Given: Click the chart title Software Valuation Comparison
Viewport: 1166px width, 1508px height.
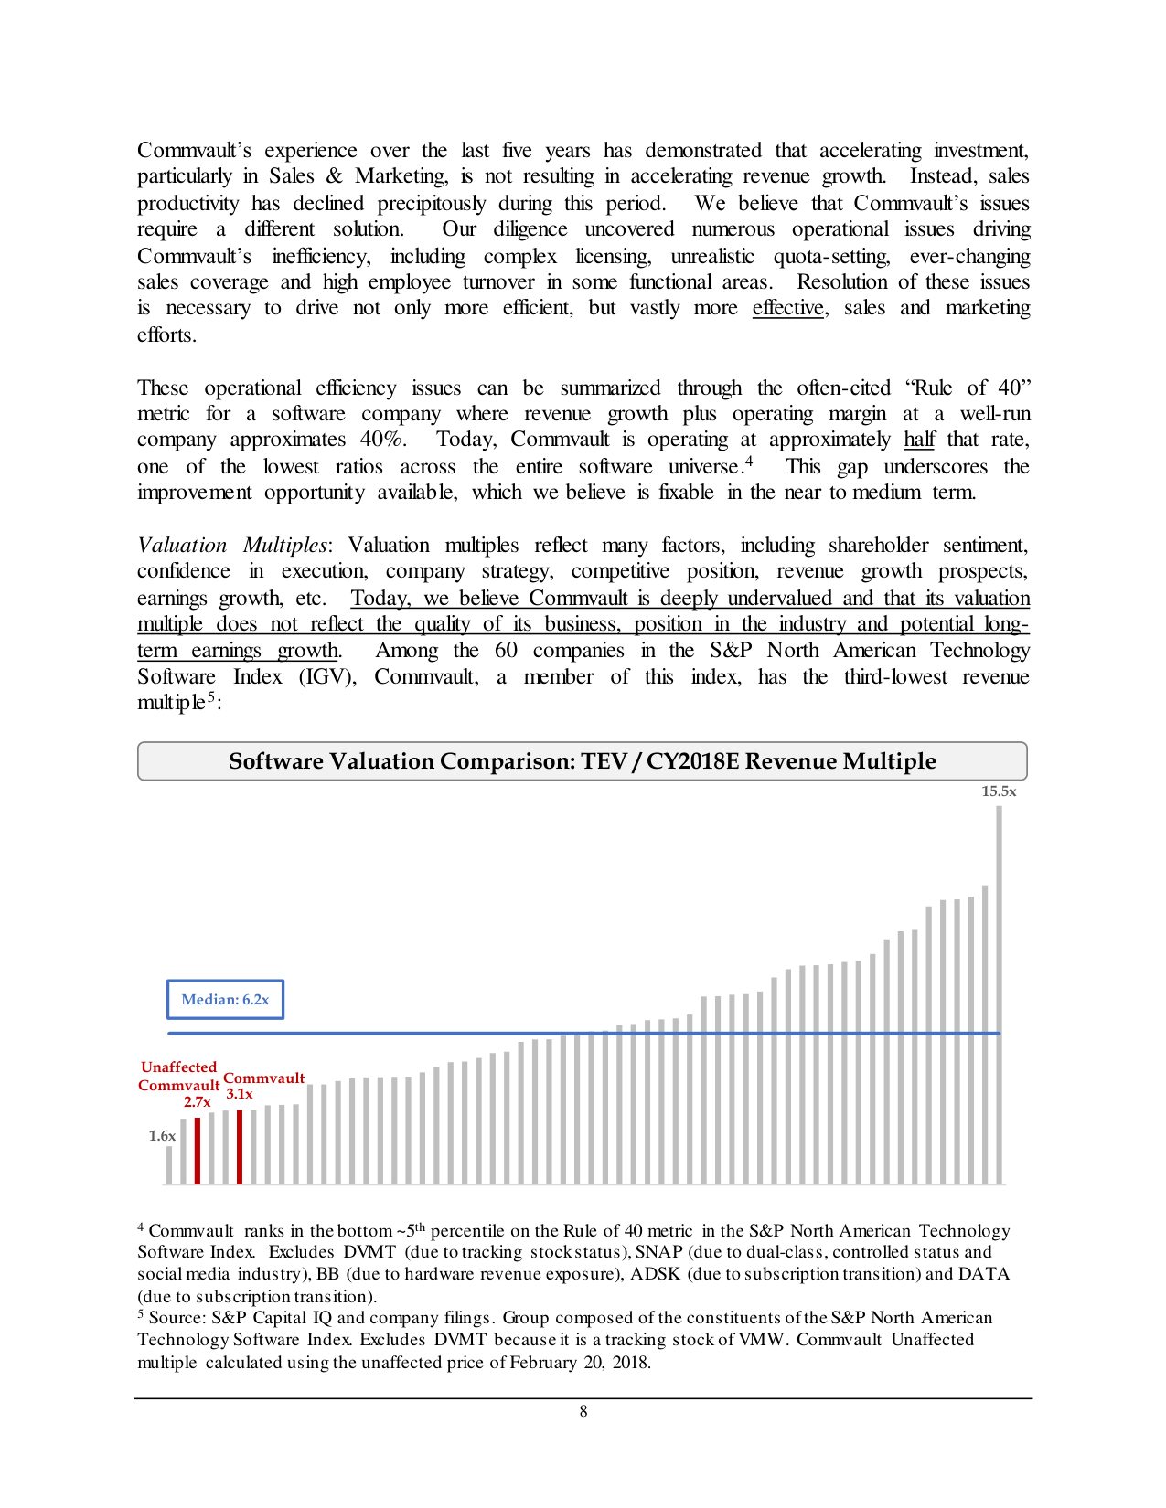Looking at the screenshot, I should tap(582, 761).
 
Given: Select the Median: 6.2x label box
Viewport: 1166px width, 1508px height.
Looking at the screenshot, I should tap(225, 999).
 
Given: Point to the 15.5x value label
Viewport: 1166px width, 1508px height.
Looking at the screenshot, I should tap(999, 791).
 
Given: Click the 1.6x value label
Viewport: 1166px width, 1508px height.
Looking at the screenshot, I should tap(162, 1136).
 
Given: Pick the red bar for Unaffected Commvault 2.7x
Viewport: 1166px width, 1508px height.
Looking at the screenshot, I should tap(198, 1151).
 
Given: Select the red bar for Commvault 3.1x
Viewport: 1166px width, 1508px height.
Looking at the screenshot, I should tap(240, 1147).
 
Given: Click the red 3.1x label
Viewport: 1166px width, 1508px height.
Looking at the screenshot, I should tap(240, 1094).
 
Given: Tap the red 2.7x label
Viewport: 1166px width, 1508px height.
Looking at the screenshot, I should tap(197, 1102).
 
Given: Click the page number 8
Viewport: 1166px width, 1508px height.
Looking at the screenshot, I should tap(583, 1411).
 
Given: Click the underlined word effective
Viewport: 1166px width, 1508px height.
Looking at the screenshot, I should tap(788, 308).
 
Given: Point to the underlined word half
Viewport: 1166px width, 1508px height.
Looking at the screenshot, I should tap(919, 440).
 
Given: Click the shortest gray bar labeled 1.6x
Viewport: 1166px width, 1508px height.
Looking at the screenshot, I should tap(169, 1165).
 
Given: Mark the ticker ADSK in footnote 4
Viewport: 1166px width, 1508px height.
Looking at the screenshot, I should tap(655, 1274).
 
